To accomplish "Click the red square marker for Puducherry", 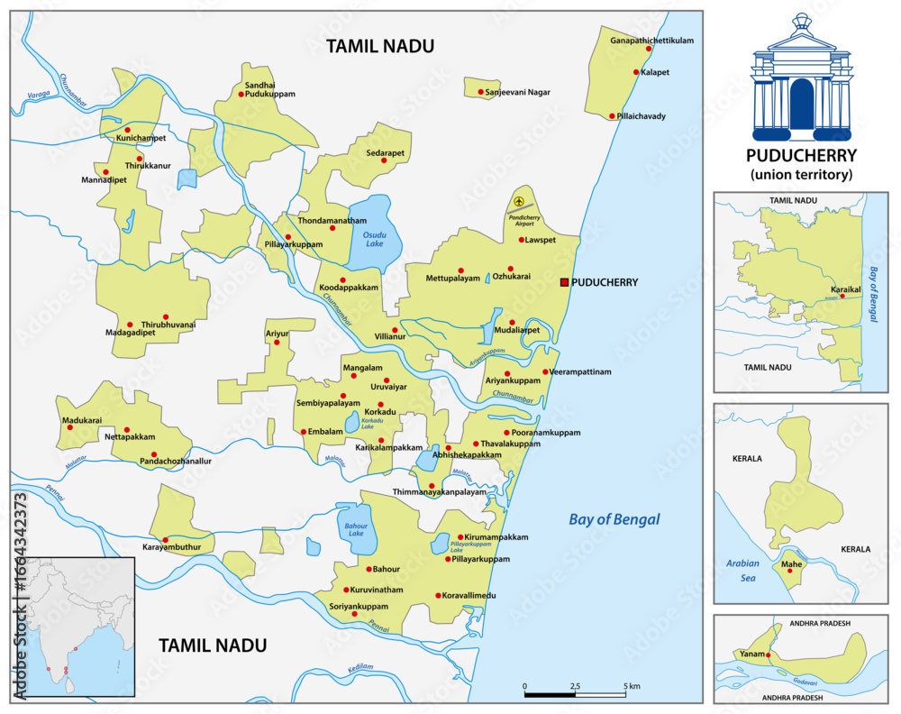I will pos(565,282).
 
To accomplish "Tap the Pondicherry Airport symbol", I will pos(519,201).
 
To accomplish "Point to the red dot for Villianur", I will pos(395,330).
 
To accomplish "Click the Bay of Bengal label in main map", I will pos(614,519).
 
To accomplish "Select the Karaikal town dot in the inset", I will pos(842,296).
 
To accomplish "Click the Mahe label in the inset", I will pos(792,564).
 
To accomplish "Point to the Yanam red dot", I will pos(769,654).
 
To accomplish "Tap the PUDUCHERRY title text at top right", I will pos(802,155).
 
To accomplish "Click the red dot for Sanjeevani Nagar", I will pos(480,92).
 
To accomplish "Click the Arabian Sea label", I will pos(743,570).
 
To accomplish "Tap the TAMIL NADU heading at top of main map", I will pos(380,46).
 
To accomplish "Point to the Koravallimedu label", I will pos(469,596).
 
